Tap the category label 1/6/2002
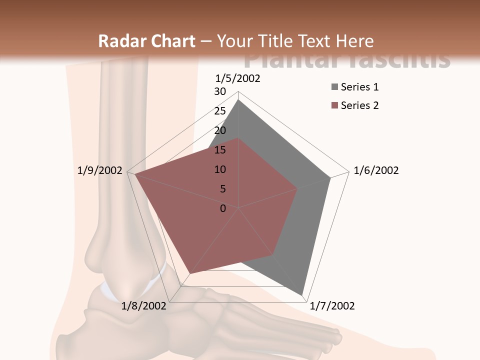click(376, 170)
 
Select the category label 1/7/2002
click(332, 306)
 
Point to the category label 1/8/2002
click(144, 306)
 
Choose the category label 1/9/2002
click(100, 170)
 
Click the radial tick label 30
click(220, 91)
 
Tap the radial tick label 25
click(220, 111)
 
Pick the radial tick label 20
click(220, 130)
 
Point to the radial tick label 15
click(220, 150)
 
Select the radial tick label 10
click(220, 169)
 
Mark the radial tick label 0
click(223, 208)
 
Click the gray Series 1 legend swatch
click(334, 87)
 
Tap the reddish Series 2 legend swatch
click(334, 105)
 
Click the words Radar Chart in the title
click(146, 41)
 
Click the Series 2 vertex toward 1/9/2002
click(134, 174)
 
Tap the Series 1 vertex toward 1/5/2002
click(238, 99)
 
